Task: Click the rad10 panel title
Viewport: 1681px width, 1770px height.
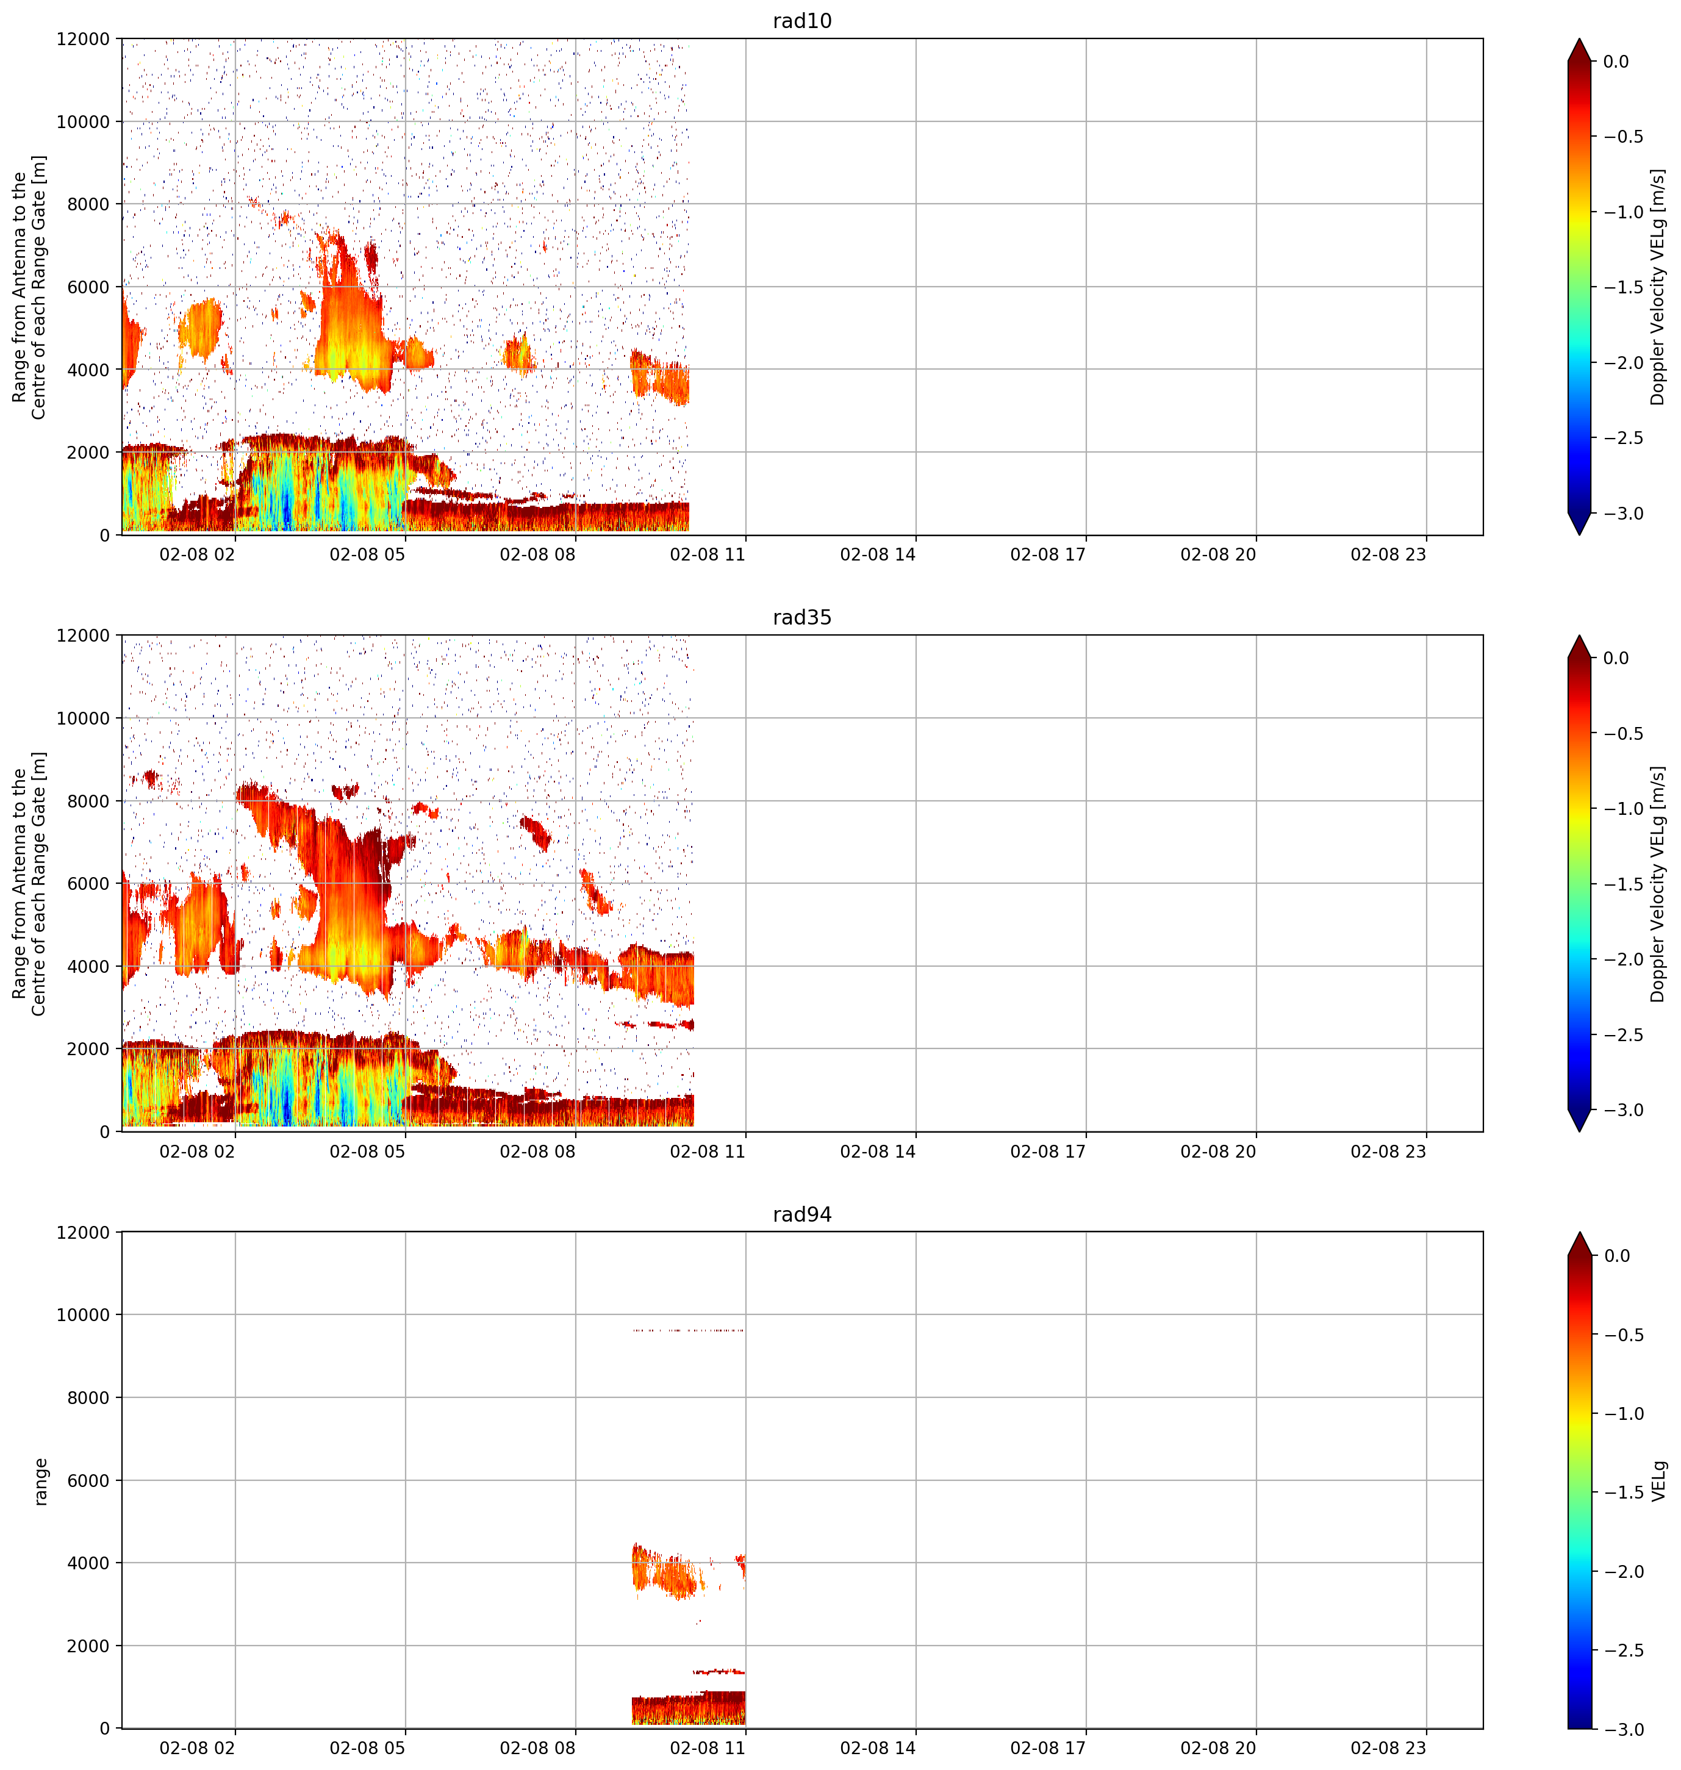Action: [x=802, y=21]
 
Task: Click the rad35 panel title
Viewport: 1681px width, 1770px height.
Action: [x=802, y=617]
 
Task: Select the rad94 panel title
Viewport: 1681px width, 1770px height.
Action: [x=802, y=1214]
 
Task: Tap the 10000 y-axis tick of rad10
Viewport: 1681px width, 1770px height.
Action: [x=84, y=122]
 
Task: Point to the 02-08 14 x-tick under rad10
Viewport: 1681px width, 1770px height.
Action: [x=878, y=555]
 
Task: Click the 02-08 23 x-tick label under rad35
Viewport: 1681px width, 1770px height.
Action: [x=1388, y=1152]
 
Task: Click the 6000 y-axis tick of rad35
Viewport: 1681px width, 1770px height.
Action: [x=88, y=884]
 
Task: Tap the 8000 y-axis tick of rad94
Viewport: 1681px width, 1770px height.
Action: [x=88, y=1398]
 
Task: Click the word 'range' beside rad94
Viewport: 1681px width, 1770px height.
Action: [x=40, y=1482]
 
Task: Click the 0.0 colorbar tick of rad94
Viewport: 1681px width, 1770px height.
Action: [x=1618, y=1256]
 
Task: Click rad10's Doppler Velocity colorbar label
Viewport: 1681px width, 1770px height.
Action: [x=1658, y=287]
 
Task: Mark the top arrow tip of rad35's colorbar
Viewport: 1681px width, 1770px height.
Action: [x=1580, y=636]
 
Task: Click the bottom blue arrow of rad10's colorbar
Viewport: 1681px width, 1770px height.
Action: [x=1580, y=525]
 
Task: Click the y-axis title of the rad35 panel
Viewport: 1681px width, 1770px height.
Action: [x=29, y=884]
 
